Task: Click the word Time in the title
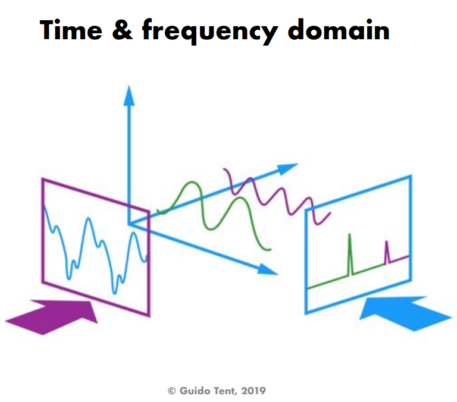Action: click(x=71, y=30)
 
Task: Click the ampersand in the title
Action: click(x=123, y=30)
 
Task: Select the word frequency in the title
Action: click(x=210, y=32)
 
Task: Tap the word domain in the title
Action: click(x=339, y=29)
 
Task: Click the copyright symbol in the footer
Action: click(x=171, y=391)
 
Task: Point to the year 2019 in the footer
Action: click(x=253, y=391)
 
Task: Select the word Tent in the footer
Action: click(x=224, y=391)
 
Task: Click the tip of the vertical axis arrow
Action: click(x=129, y=86)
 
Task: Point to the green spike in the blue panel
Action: click(x=350, y=255)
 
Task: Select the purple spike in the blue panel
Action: click(x=387, y=252)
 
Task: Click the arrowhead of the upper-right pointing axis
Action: click(x=287, y=168)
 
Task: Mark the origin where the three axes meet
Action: click(x=129, y=224)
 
